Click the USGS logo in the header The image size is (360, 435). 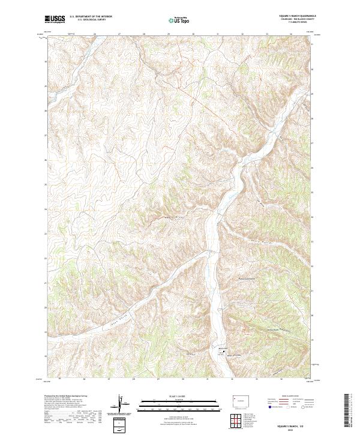point(55,20)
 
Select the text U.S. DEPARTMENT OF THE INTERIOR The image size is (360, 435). point(91,17)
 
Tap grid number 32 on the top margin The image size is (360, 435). point(242,34)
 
